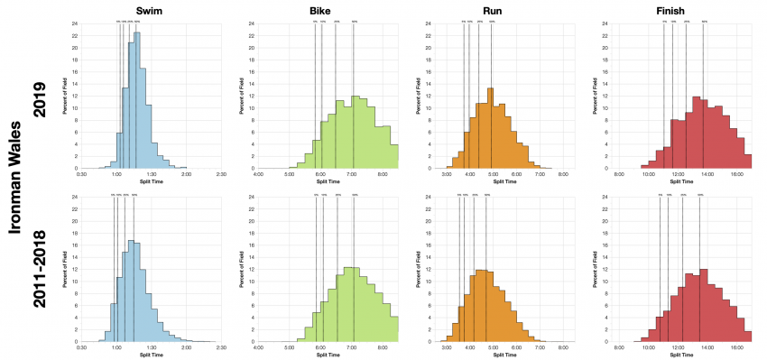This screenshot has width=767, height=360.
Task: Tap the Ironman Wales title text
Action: [15, 180]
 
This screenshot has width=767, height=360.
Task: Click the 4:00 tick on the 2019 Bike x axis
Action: [259, 173]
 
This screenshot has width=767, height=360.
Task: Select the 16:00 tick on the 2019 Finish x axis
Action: [736, 173]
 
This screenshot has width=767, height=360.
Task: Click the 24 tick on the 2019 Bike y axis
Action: [252, 23]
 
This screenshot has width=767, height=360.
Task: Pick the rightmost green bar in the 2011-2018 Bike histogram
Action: [394, 329]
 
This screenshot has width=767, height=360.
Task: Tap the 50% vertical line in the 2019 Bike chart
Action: [353, 99]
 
